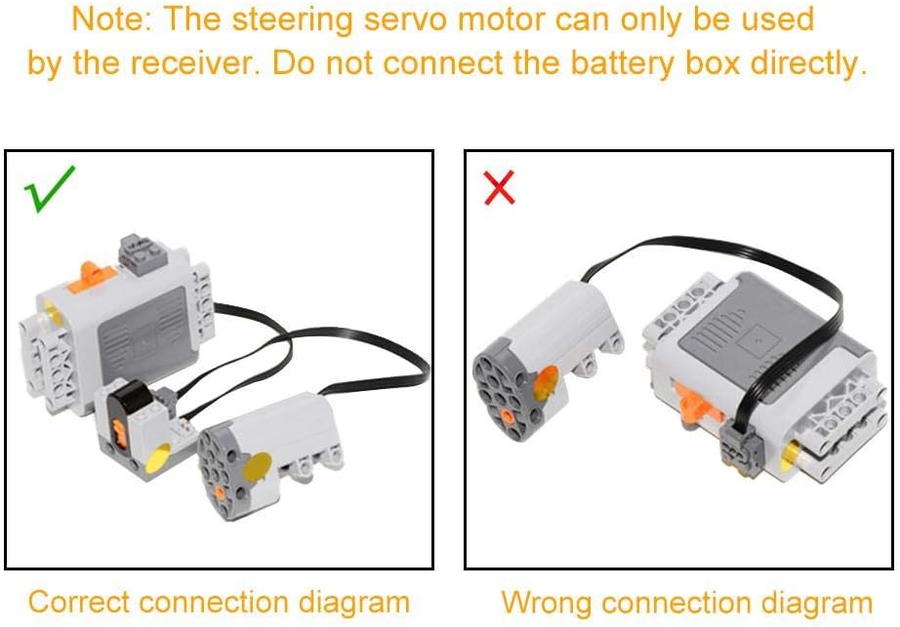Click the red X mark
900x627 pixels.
[499, 187]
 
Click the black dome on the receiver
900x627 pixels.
[126, 398]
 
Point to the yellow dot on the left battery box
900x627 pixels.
[48, 314]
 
